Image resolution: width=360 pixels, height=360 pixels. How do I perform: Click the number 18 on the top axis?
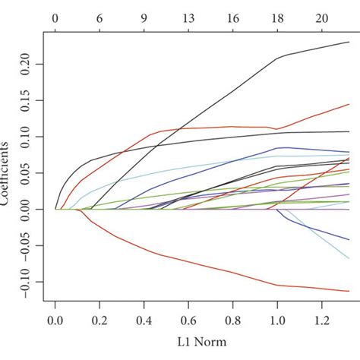[278, 15]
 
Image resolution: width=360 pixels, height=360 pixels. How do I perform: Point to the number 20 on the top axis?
[322, 15]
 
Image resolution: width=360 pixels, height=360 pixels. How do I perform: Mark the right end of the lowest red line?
[349, 291]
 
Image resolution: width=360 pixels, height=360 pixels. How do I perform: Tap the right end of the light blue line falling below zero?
[349, 258]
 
